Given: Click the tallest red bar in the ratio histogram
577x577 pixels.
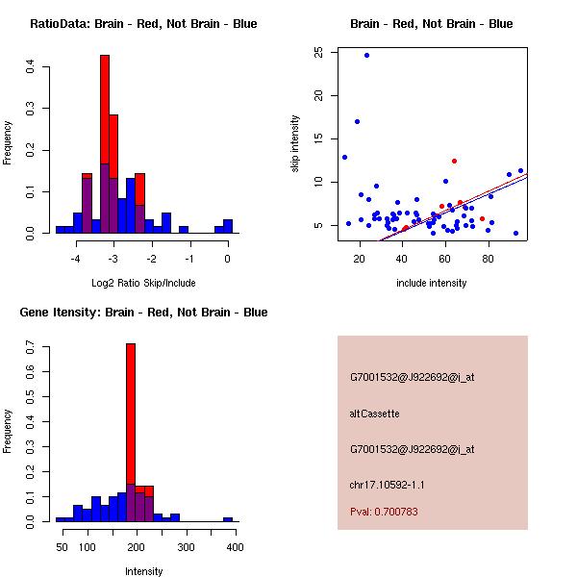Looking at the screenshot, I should (104, 115).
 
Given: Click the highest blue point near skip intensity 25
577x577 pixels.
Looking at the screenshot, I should (366, 55).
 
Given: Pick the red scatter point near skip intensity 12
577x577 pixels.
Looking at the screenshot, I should (454, 161).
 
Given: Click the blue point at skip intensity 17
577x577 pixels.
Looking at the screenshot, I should (357, 121).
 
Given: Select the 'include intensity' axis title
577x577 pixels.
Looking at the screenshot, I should (432, 284).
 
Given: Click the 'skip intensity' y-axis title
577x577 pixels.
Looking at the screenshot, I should (296, 144).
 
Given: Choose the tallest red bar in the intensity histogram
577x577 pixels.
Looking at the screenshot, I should (131, 414).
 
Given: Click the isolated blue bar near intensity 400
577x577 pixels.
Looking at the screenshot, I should (228, 519).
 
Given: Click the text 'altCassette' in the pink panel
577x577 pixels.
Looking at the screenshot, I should (374, 414).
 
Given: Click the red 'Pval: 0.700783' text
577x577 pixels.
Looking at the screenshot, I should (384, 512).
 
